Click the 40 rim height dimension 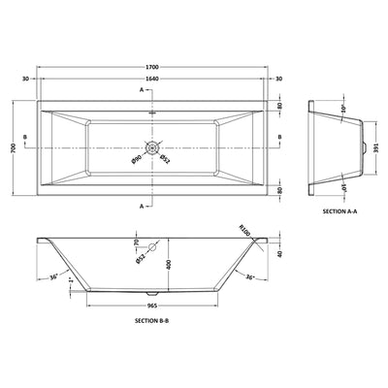(x=279, y=255)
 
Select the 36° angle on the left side (x=54, y=278)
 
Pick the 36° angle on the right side (x=249, y=278)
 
